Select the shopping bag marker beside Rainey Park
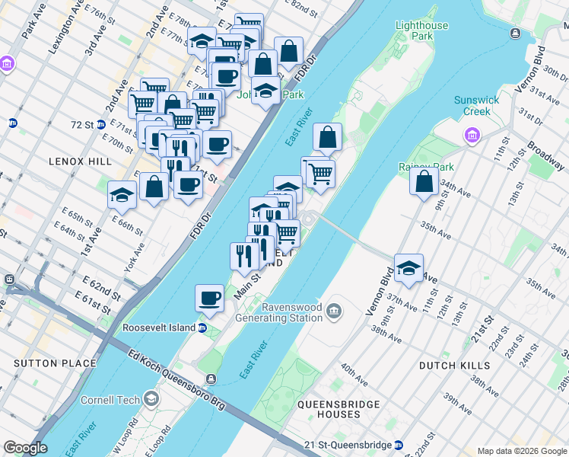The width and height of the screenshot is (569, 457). (x=424, y=182)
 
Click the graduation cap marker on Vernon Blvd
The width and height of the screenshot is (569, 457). (x=408, y=269)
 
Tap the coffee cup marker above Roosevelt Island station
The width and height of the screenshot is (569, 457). (x=209, y=299)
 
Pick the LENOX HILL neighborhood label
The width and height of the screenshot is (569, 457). (x=80, y=161)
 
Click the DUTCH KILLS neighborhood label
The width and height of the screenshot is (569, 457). (x=454, y=366)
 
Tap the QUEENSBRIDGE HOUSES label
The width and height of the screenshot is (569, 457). (x=329, y=409)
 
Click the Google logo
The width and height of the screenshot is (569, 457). (x=25, y=448)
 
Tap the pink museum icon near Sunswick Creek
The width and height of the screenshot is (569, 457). (x=472, y=136)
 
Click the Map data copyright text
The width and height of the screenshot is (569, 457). (x=521, y=451)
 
